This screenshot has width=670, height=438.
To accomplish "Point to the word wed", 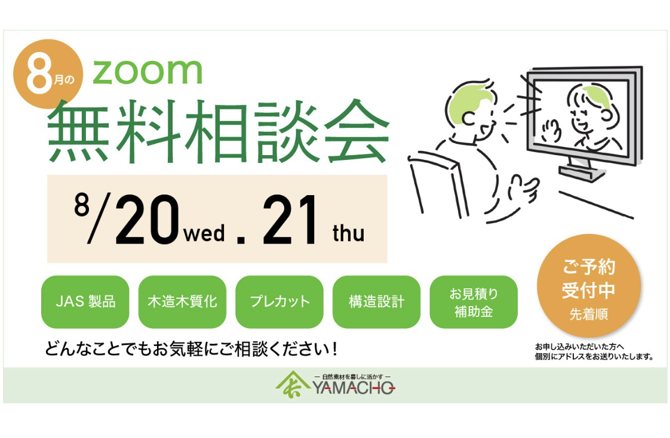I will pyautogui.click(x=204, y=233).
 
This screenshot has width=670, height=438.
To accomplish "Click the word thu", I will pyautogui.click(x=348, y=233).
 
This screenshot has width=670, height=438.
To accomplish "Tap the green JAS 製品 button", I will pyautogui.click(x=85, y=301).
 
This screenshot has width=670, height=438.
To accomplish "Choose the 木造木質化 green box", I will pyautogui.click(x=182, y=301).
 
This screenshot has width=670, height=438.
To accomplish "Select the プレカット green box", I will pyautogui.click(x=279, y=301).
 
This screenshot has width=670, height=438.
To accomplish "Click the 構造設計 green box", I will pyautogui.click(x=376, y=301).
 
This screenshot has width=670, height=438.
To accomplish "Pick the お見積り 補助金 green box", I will pyautogui.click(x=474, y=301).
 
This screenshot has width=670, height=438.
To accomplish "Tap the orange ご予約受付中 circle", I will pyautogui.click(x=588, y=286).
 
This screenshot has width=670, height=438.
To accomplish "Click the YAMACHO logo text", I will pyautogui.click(x=353, y=388).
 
